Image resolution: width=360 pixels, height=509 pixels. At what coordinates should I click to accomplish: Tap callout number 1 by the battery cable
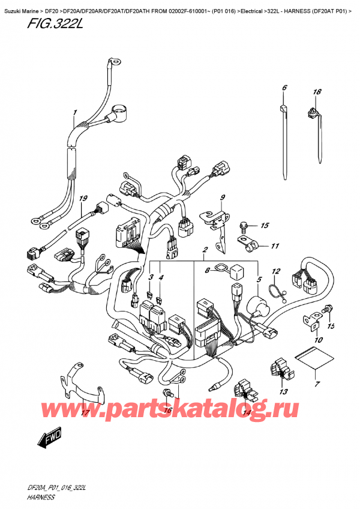click(75, 112)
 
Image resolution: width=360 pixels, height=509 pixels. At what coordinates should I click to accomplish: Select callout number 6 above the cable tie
click(284, 89)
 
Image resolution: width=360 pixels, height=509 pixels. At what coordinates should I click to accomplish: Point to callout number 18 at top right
click(317, 92)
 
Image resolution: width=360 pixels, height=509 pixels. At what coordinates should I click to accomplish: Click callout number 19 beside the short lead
click(83, 199)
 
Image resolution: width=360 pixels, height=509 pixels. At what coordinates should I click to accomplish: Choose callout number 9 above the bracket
click(221, 197)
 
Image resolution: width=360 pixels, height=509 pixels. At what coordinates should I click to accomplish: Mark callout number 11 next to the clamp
click(275, 246)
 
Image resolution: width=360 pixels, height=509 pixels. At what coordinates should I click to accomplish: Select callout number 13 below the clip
click(281, 391)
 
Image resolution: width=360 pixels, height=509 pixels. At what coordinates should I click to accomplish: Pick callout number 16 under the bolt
click(167, 411)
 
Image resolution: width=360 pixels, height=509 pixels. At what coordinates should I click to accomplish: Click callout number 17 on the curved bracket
click(85, 413)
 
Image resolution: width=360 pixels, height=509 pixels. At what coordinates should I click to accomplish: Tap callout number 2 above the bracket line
click(205, 249)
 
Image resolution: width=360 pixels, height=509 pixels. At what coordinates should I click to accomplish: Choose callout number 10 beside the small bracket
click(318, 340)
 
